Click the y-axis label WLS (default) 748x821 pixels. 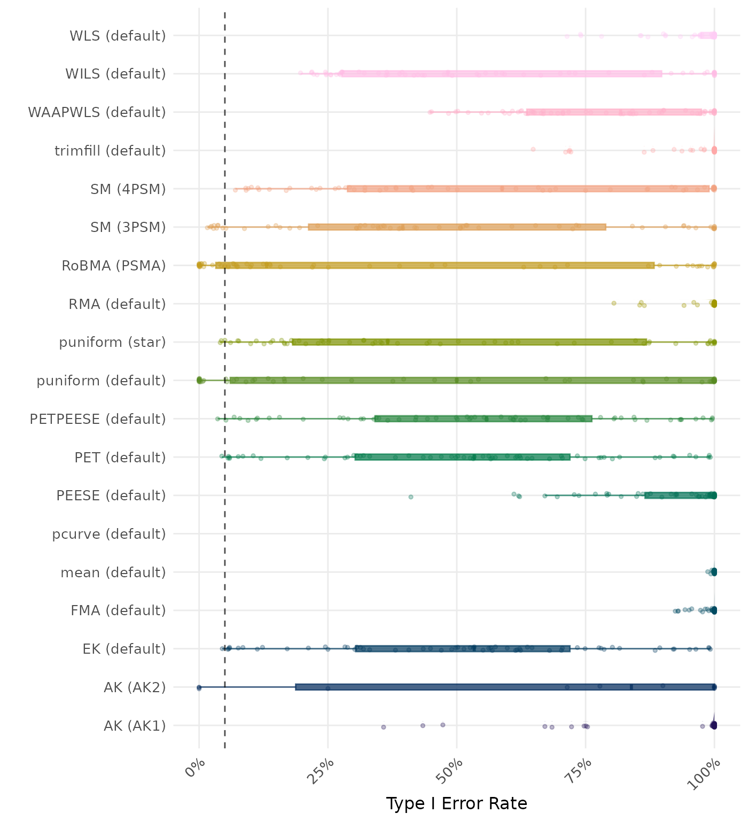click(x=118, y=36)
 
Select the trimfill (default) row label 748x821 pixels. click(x=110, y=151)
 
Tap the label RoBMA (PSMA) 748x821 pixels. click(x=114, y=266)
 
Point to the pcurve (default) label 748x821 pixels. click(x=109, y=534)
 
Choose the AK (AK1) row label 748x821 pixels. click(x=135, y=726)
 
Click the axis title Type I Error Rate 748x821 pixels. click(x=456, y=804)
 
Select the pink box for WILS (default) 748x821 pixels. click(x=501, y=74)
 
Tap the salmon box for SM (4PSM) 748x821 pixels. click(x=528, y=189)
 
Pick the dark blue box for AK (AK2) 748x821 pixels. click(x=505, y=687)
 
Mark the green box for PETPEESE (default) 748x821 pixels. click(x=484, y=419)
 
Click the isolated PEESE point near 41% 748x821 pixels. click(x=411, y=497)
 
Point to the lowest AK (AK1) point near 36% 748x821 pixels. click(x=383, y=727)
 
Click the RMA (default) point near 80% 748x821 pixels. click(x=614, y=303)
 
